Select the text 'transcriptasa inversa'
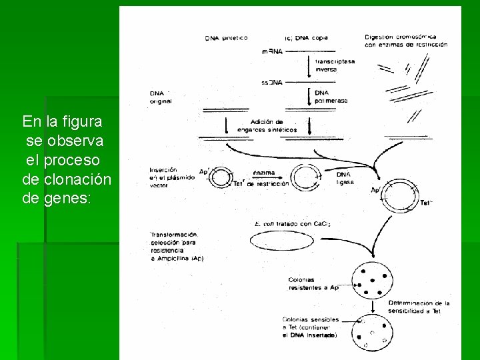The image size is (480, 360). pos(335,65)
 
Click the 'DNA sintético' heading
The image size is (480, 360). pos(226,38)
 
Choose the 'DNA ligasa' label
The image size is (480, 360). pos(345,177)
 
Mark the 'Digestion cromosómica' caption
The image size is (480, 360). pos(406,40)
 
